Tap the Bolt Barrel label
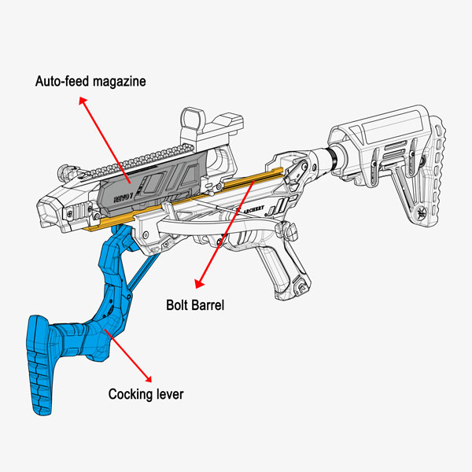click(195, 304)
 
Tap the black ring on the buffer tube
click(337, 158)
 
